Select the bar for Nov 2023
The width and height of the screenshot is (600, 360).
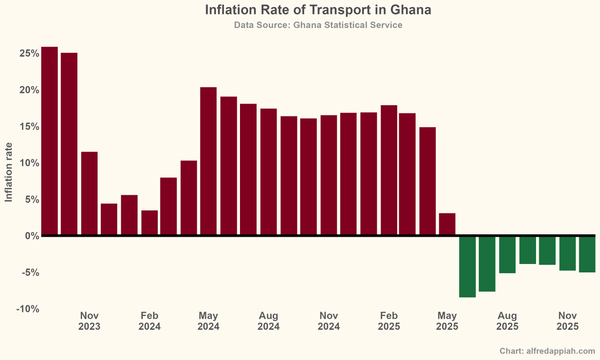pyautogui.click(x=89, y=193)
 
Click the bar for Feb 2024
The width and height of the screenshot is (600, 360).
pyautogui.click(x=149, y=222)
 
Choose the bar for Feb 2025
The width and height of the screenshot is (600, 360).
pyautogui.click(x=388, y=170)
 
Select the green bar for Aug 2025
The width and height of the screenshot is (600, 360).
pyautogui.click(x=507, y=254)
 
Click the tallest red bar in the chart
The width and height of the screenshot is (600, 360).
pyautogui.click(x=49, y=140)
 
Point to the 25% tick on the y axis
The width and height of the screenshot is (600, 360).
pyautogui.click(x=29, y=53)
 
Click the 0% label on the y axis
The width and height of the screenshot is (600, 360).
pyautogui.click(x=32, y=236)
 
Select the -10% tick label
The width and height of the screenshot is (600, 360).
pyautogui.click(x=28, y=309)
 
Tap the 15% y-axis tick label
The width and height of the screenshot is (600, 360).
pyautogui.click(x=29, y=126)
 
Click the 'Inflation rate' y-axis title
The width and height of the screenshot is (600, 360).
pyautogui.click(x=8, y=172)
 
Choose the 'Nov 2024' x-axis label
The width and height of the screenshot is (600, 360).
pyautogui.click(x=328, y=321)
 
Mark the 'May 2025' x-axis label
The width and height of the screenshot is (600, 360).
pyautogui.click(x=447, y=321)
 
